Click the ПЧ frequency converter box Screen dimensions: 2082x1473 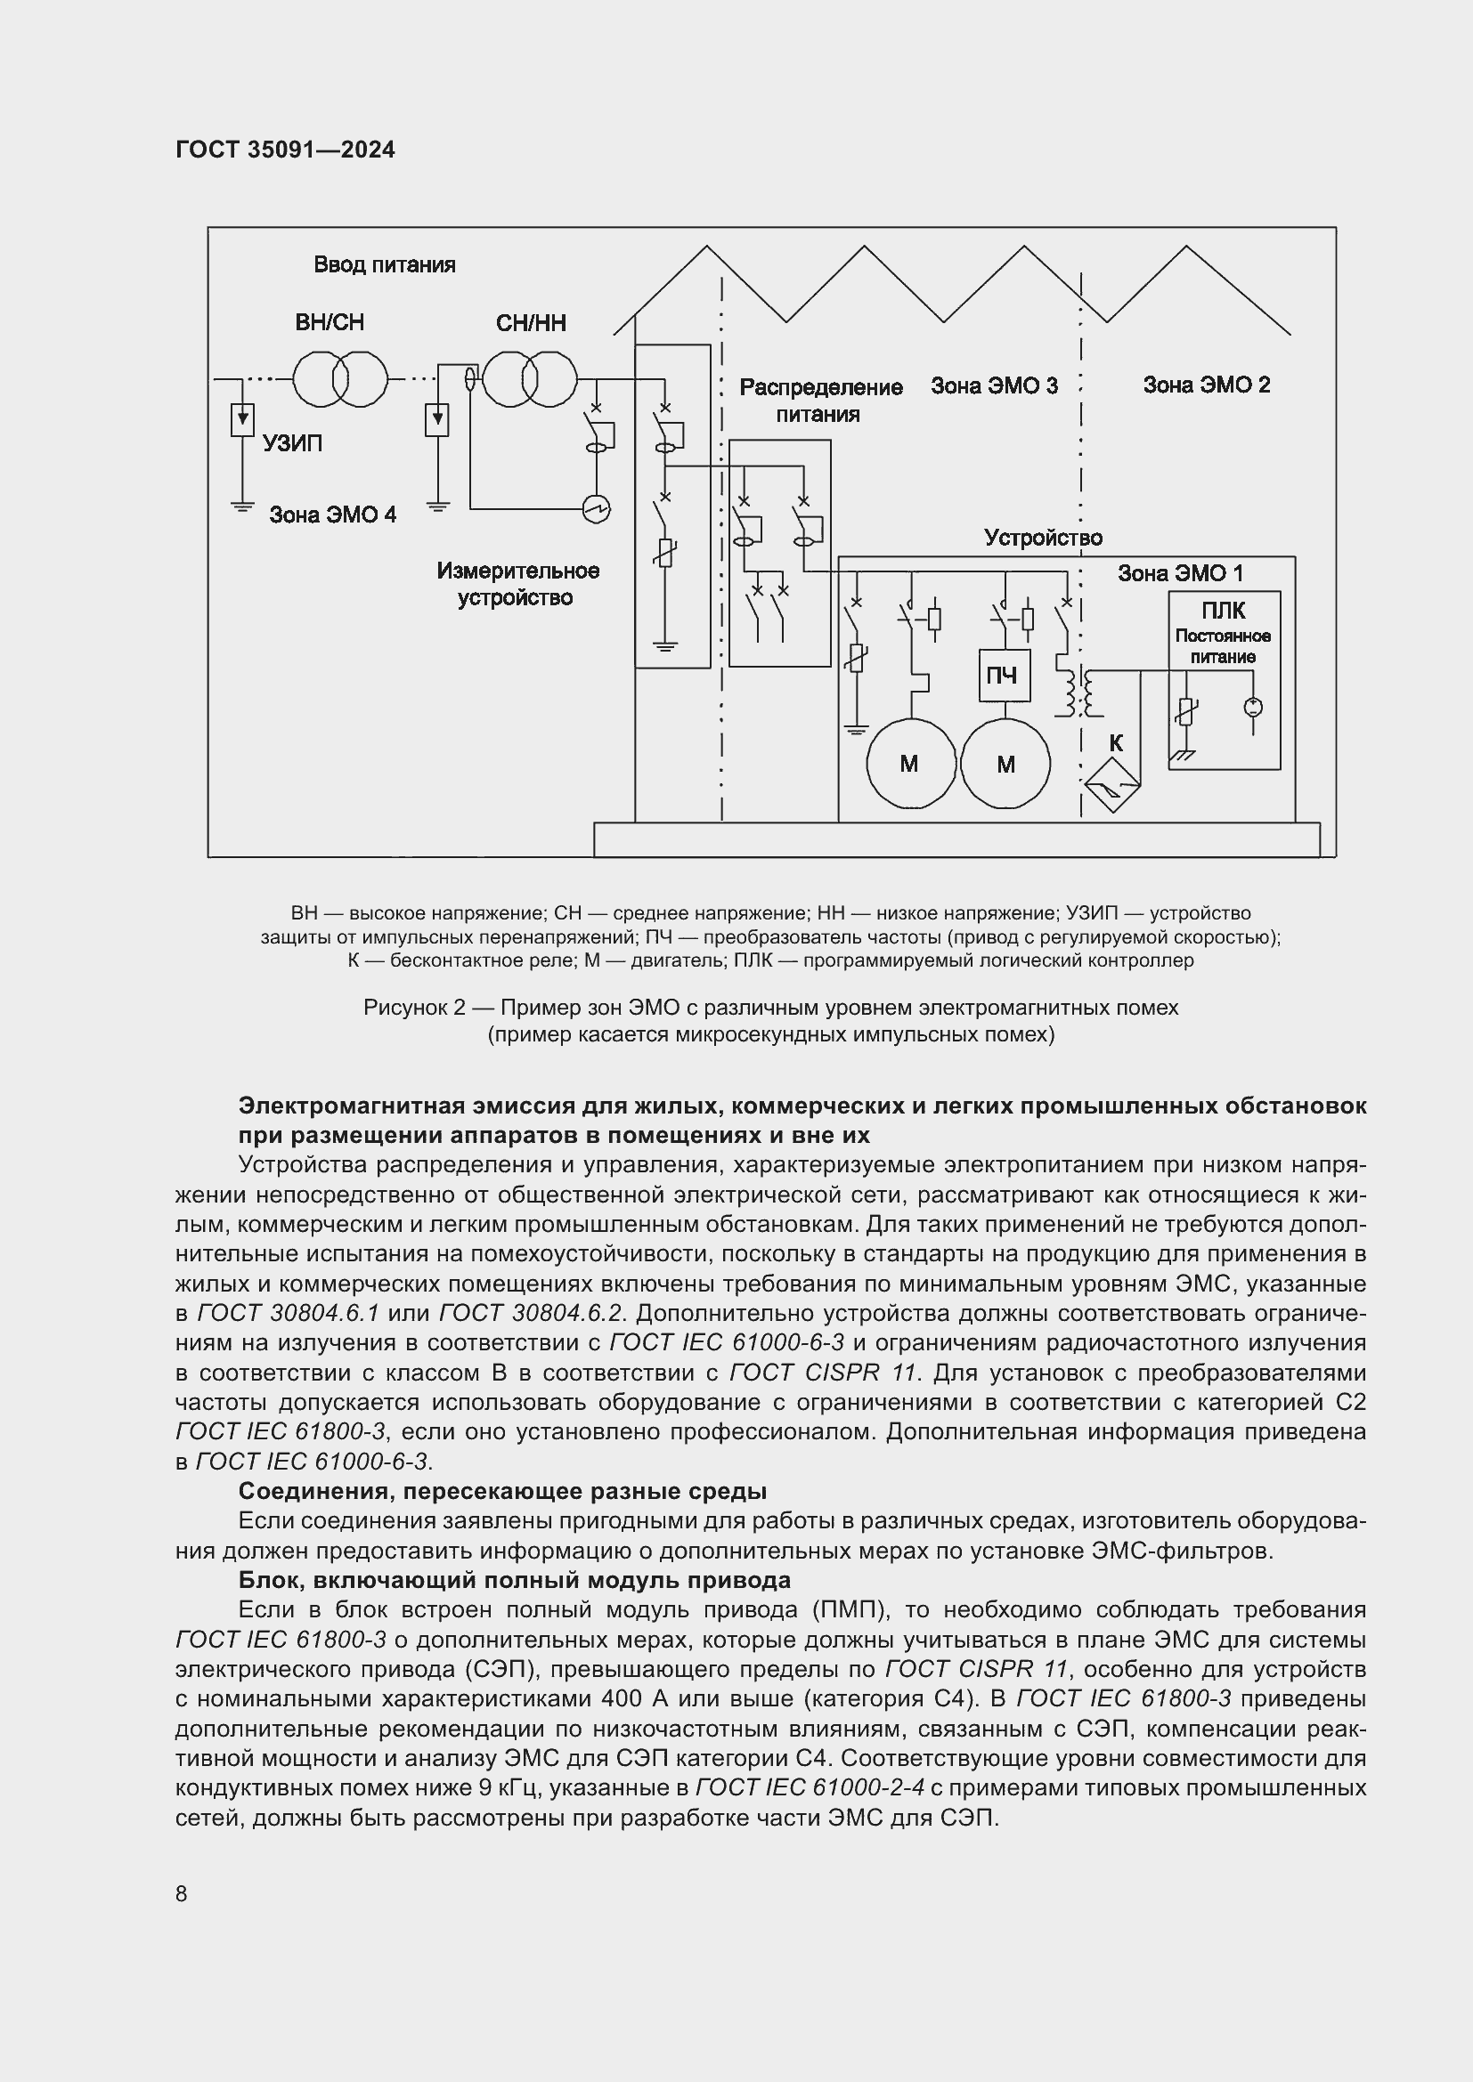pyautogui.click(x=1004, y=676)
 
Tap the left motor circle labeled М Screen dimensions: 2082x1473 pyautogui.click(x=910, y=764)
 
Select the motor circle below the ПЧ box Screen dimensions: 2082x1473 pyautogui.click(x=1005, y=765)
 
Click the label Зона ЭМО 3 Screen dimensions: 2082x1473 pyautogui.click(x=994, y=386)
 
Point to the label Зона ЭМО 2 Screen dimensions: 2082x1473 pyautogui.click(x=1206, y=385)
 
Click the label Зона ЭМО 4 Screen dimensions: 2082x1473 pyautogui.click(x=332, y=515)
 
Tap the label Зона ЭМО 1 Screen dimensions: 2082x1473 pyautogui.click(x=1179, y=573)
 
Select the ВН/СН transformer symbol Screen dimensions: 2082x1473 pyautogui.click(x=340, y=379)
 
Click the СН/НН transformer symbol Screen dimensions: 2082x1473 pyautogui.click(x=530, y=379)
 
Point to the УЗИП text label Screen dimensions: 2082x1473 pyautogui.click(x=292, y=443)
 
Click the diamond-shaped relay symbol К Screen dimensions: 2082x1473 pyautogui.click(x=1113, y=785)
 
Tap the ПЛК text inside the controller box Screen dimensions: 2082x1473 pyautogui.click(x=1223, y=612)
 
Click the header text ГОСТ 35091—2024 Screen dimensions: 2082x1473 pyautogui.click(x=285, y=150)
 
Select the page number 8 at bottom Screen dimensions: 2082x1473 pyautogui.click(x=182, y=1893)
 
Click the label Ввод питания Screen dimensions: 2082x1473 pyautogui.click(x=385, y=264)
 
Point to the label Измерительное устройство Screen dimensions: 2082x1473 pyautogui.click(x=517, y=584)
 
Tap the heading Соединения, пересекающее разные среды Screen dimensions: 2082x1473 pyautogui.click(x=501, y=1491)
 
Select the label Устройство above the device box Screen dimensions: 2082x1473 pyautogui.click(x=1043, y=538)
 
